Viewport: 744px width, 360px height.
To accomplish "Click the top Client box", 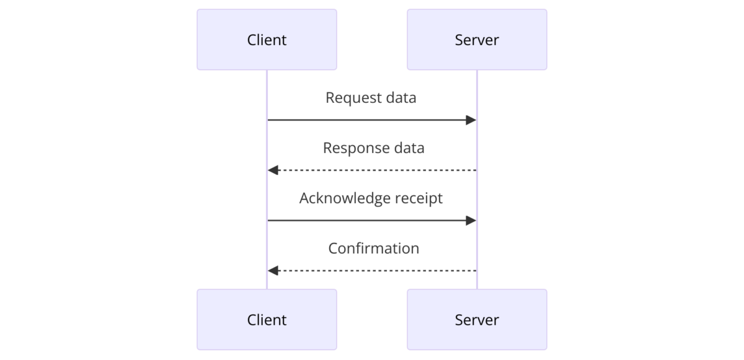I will coord(267,40).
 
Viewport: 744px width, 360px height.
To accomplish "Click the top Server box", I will coord(477,40).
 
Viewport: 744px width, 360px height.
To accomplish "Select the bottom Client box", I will coord(267,320).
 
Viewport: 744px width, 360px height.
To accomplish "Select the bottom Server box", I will coord(477,320).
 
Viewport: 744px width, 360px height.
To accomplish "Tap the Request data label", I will coord(371,98).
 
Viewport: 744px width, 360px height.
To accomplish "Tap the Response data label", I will coord(373,148).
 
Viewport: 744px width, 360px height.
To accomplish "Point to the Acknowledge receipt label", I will coord(371,198).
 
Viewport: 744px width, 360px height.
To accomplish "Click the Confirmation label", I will coord(373,248).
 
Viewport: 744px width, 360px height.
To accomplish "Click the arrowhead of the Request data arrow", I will coord(471,120).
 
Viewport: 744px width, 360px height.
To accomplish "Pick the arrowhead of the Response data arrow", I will coord(273,170).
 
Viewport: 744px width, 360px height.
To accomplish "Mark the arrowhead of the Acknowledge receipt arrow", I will coord(471,221).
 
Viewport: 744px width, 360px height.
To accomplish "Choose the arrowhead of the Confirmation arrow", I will coord(273,271).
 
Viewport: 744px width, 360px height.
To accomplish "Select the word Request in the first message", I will coord(348,98).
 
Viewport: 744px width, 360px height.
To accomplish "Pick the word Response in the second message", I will coord(350,148).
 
